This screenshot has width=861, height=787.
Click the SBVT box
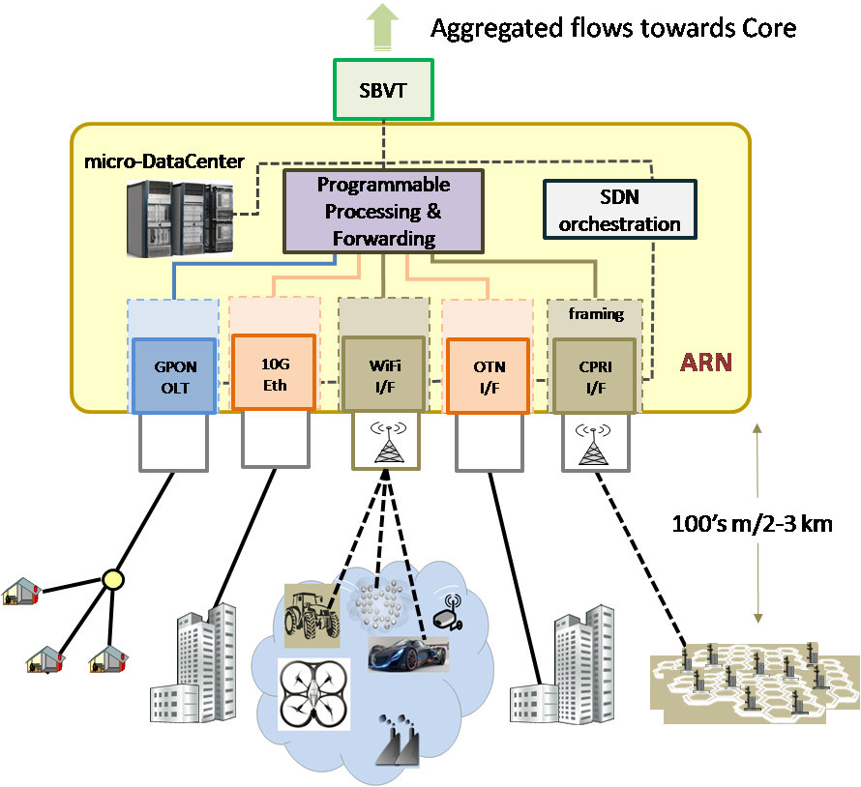[x=383, y=89]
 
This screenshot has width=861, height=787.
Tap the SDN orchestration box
[x=618, y=211]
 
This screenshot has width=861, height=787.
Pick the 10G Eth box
[x=275, y=373]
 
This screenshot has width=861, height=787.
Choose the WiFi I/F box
[x=383, y=373]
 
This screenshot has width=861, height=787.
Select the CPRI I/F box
[x=591, y=373]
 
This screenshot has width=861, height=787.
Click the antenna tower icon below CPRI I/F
[x=591, y=443]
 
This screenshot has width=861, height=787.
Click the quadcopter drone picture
[x=318, y=692]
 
